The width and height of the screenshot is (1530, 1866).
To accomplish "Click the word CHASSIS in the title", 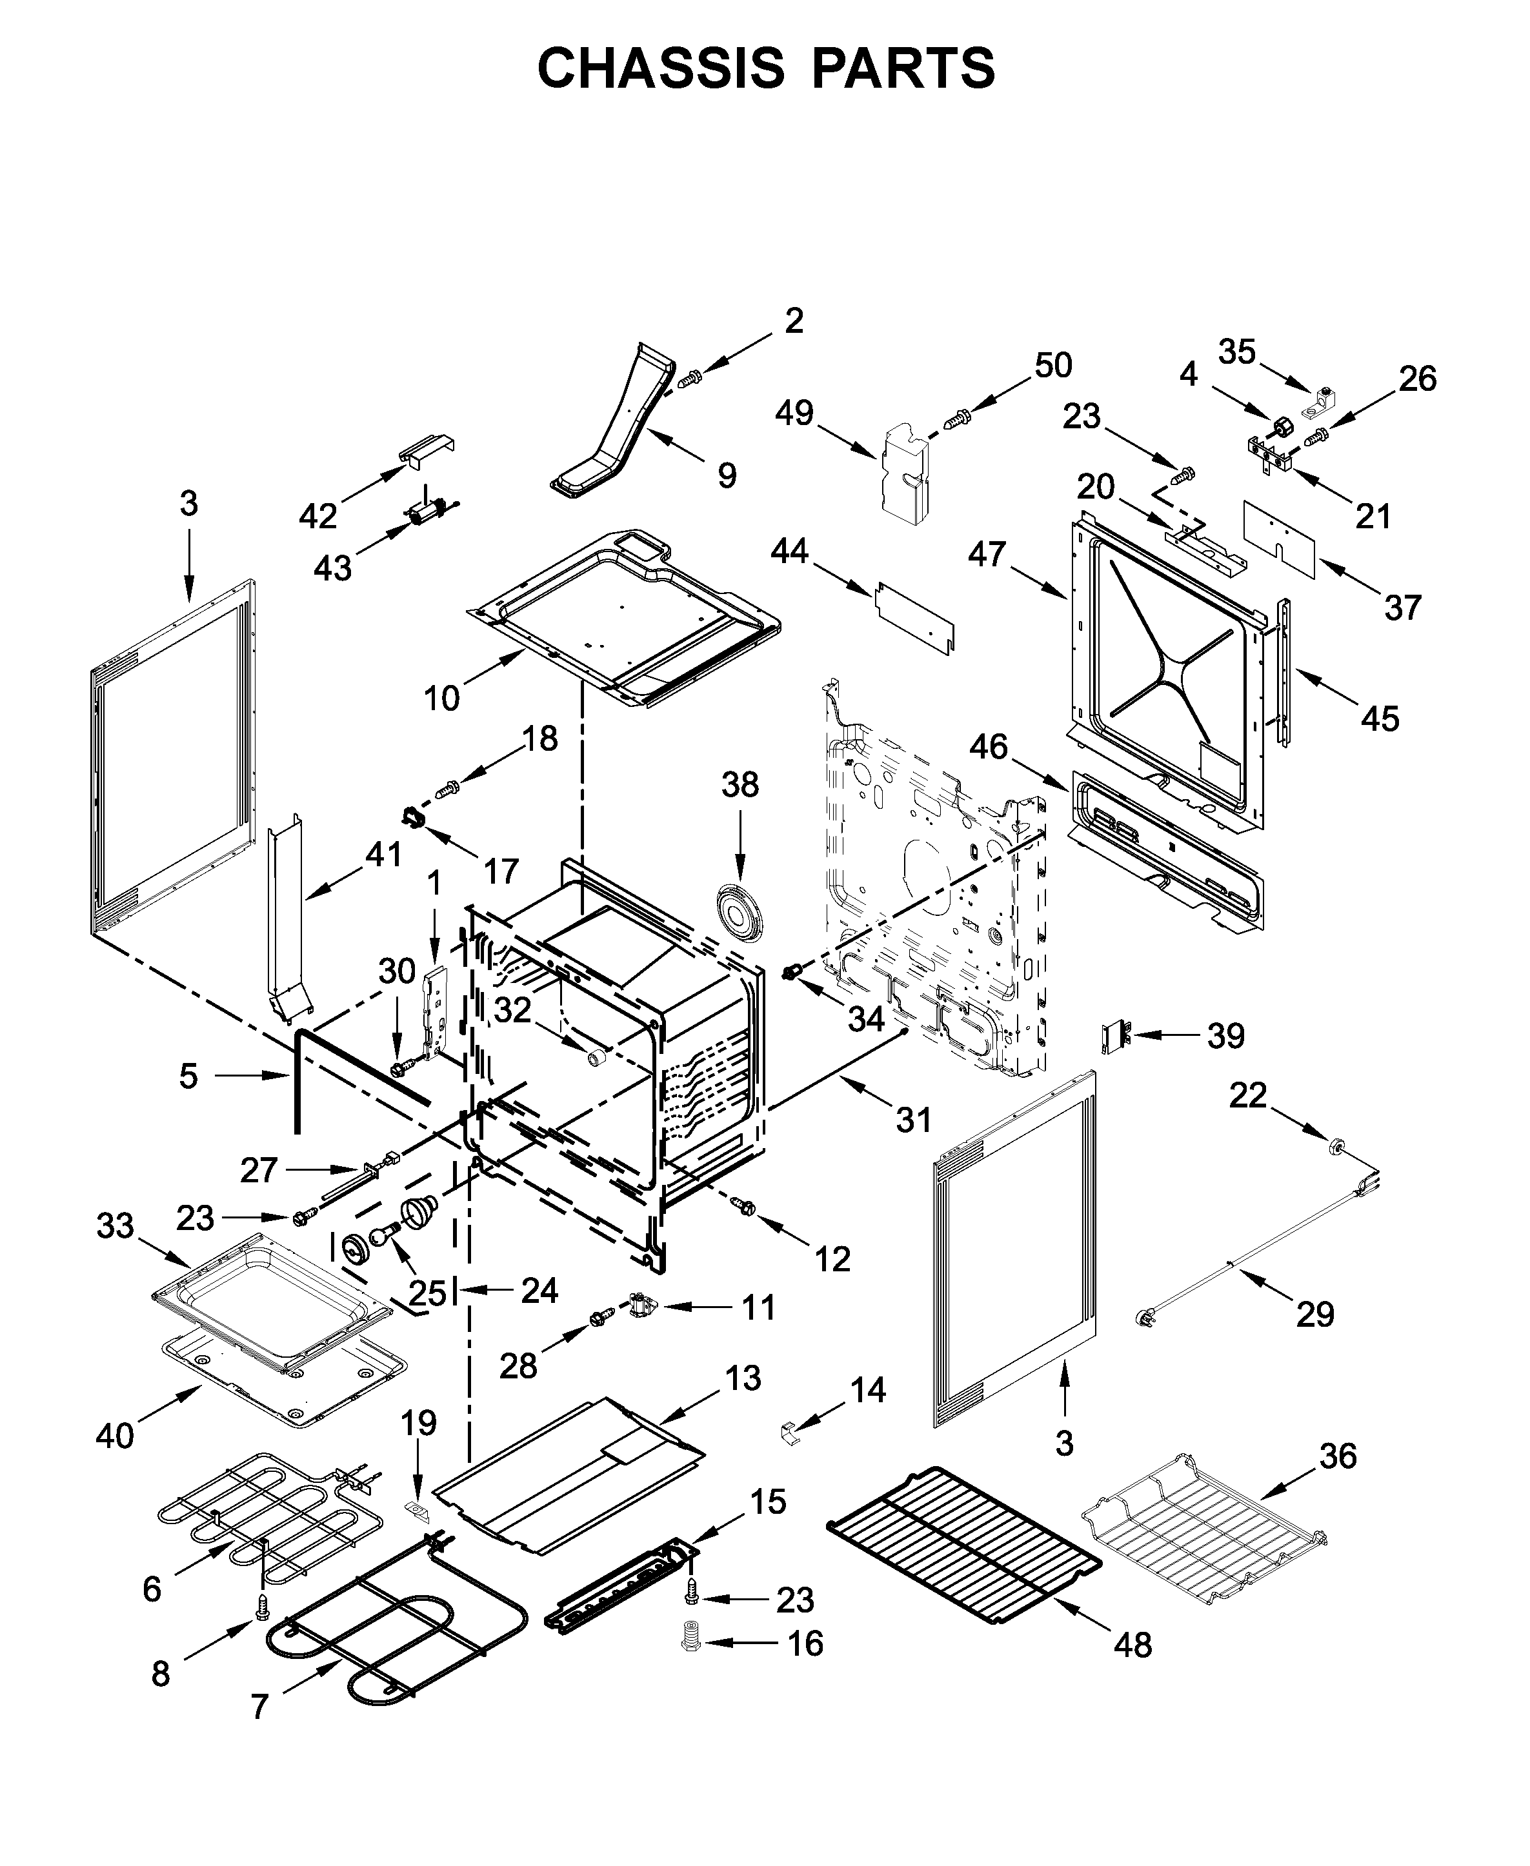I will click(660, 69).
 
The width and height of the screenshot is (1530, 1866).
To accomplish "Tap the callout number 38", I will click(740, 784).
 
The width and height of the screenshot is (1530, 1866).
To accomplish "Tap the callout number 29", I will click(1315, 1339).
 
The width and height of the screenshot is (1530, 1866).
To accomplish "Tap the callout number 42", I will click(318, 516).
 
